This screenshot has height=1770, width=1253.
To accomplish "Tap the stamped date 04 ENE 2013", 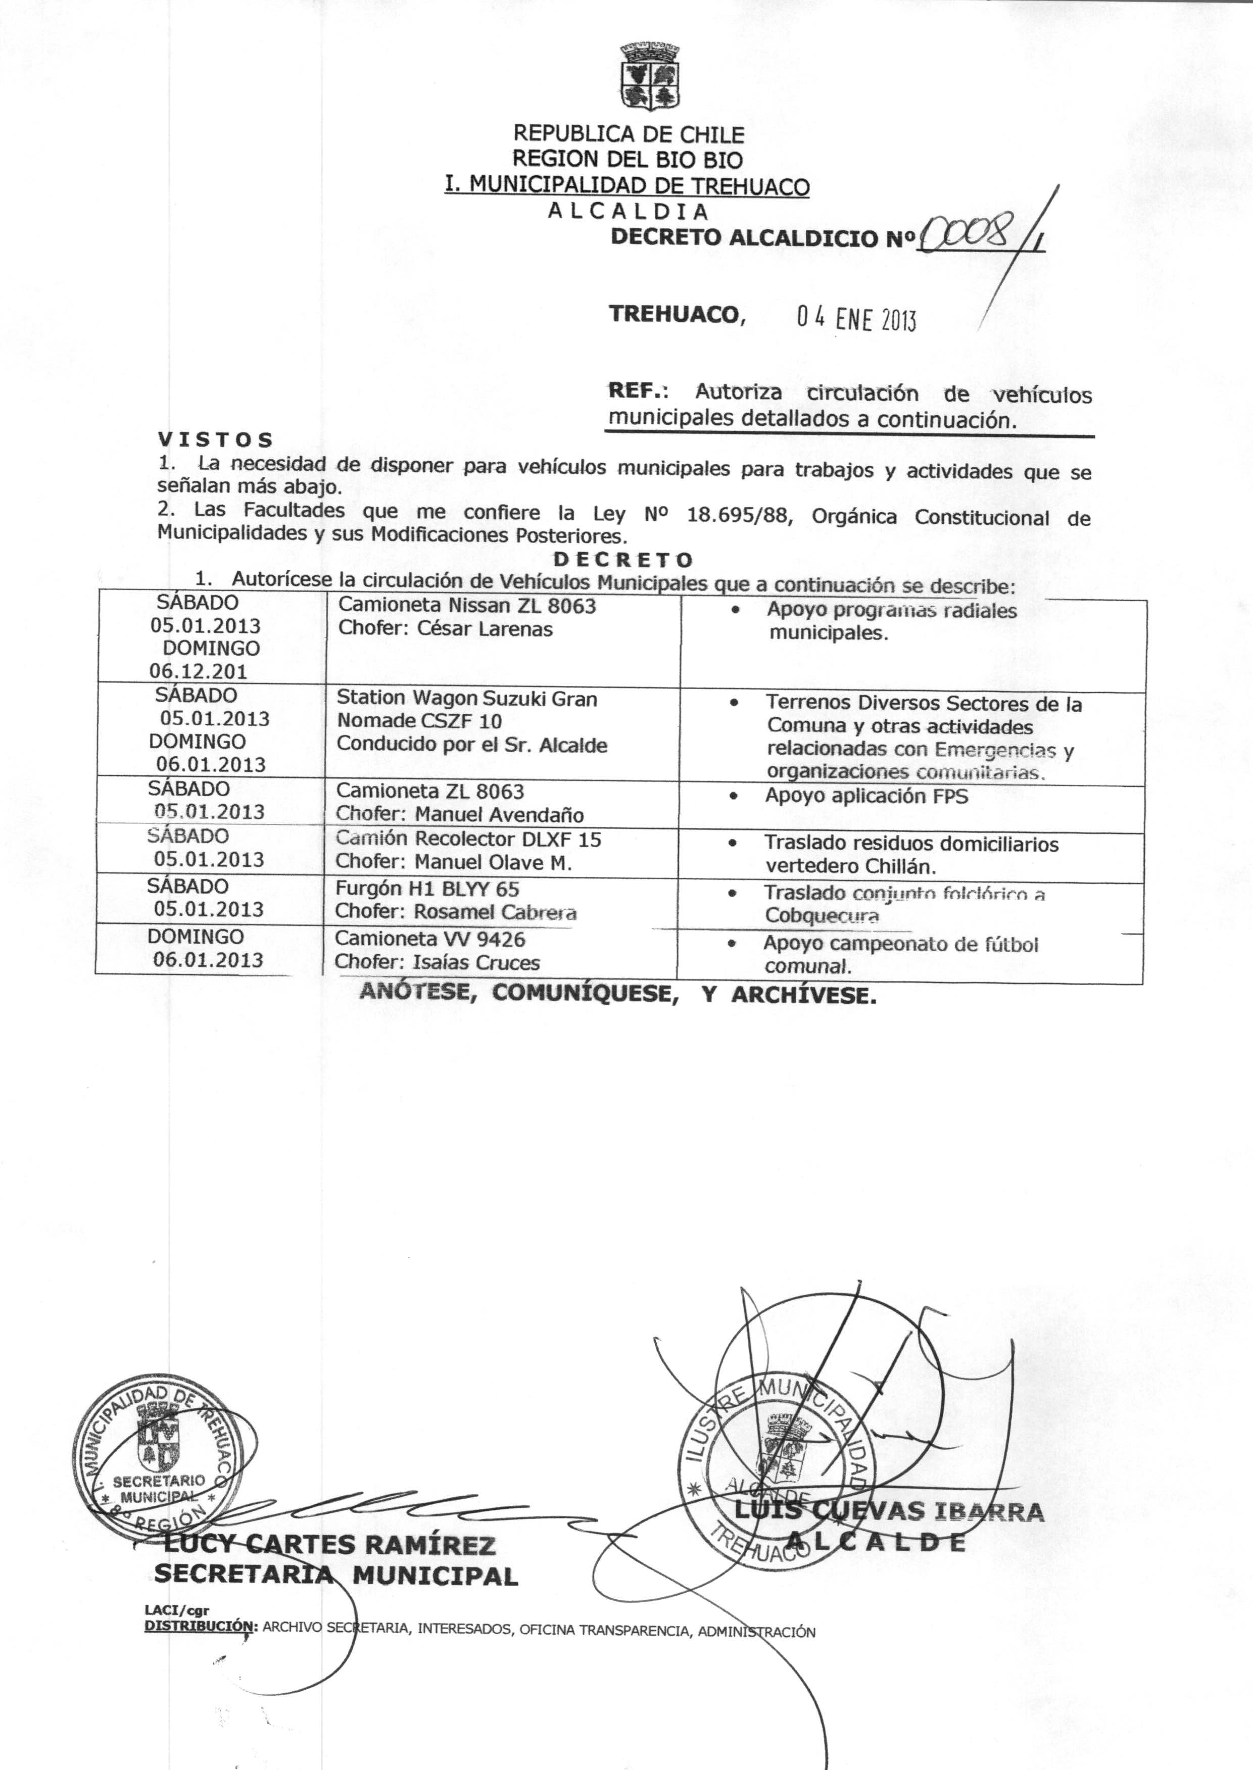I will (x=856, y=318).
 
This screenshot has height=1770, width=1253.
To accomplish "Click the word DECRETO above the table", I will (x=624, y=559).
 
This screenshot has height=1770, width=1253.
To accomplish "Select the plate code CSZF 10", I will (x=461, y=721).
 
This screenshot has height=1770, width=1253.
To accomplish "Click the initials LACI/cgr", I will (x=177, y=1609).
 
